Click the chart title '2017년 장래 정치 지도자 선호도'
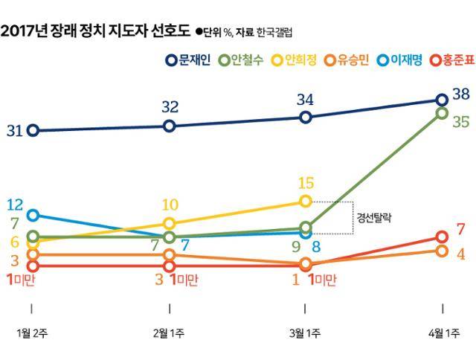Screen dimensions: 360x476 95,32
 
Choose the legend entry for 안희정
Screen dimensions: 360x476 297,60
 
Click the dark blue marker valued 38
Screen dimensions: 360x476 442,100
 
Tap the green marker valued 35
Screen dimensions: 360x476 442,113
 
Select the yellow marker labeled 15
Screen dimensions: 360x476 305,202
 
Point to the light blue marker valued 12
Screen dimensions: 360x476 32,215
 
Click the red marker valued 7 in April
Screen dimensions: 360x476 442,237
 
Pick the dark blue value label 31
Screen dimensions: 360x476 14,132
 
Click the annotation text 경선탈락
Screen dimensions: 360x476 375,219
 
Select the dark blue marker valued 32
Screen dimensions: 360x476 169,126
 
